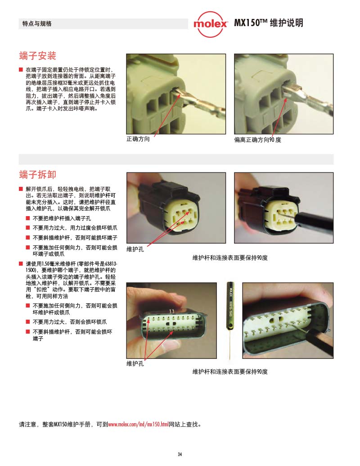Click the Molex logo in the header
211,24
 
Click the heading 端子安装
37,55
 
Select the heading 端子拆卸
37,174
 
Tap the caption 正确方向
138,139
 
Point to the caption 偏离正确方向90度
257,140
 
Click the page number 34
180,454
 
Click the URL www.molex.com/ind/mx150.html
138,424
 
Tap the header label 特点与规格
37,23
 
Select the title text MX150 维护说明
269,23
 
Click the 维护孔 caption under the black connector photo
135,249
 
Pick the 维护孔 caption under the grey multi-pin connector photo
135,363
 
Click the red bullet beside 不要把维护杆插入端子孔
27,218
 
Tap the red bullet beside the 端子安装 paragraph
21,69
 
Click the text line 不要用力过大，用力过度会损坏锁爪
75,228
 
